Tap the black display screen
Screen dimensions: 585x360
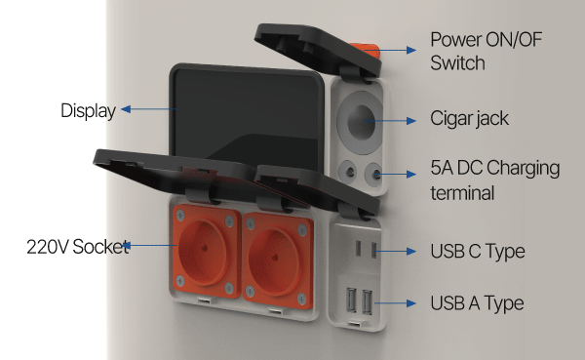247,116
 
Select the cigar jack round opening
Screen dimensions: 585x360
361,122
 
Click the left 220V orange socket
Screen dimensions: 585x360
205,252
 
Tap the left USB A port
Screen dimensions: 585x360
351,300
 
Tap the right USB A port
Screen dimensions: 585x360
368,301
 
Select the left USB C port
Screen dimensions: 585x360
358,249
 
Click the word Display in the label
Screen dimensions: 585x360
89,111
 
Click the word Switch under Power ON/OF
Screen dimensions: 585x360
458,62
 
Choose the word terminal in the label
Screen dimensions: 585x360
462,193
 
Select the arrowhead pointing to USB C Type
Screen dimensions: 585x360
411,251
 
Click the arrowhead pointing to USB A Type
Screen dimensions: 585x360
411,303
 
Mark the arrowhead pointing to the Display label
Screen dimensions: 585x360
126,109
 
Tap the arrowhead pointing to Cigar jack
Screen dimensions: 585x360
411,121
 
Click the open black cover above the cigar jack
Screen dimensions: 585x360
317,49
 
